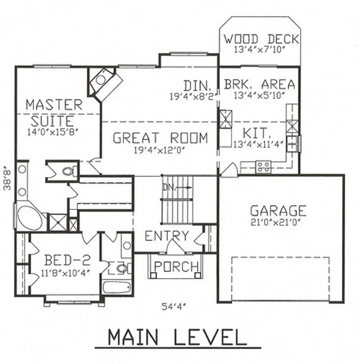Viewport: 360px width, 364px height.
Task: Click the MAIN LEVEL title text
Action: pyautogui.click(x=177, y=337)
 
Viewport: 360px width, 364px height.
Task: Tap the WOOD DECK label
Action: pyautogui.click(x=261, y=39)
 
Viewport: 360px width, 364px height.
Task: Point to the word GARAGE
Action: pyautogui.click(x=278, y=210)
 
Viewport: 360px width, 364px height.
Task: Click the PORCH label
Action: pyautogui.click(x=176, y=266)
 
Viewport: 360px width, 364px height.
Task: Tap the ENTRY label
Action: pyautogui.click(x=166, y=236)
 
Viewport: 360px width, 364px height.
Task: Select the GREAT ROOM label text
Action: pyautogui.click(x=160, y=138)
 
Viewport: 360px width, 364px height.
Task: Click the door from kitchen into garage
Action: pyautogui.click(x=229, y=170)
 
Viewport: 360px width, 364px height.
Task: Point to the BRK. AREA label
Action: pyautogui.click(x=260, y=84)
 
